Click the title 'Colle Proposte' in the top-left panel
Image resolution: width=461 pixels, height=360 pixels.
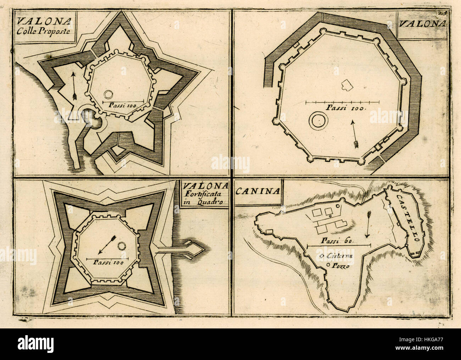point(43,31)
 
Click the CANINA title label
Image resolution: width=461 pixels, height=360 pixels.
point(258,191)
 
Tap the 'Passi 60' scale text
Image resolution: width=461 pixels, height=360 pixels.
point(338,240)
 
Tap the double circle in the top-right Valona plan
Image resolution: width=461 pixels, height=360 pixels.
point(318,121)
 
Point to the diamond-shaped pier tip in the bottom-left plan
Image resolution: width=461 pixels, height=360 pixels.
point(195,249)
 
